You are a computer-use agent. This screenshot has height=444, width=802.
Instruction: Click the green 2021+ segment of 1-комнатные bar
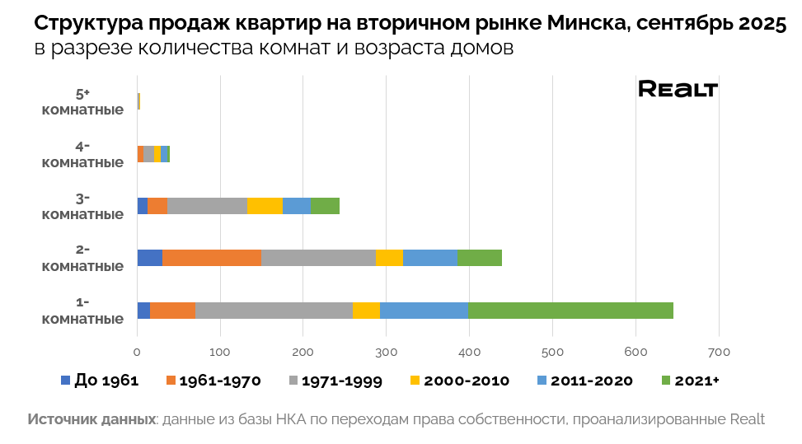[x=570, y=310]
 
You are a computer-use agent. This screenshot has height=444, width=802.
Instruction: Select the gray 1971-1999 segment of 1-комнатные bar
[x=274, y=310]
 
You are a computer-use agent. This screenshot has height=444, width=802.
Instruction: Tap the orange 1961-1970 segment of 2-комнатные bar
[x=212, y=257]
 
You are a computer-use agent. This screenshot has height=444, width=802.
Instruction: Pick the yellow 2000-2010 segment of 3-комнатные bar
[x=265, y=206]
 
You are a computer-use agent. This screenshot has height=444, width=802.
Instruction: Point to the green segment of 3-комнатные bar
[x=326, y=206]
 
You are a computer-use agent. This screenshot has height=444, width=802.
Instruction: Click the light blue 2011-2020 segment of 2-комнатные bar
[x=430, y=257]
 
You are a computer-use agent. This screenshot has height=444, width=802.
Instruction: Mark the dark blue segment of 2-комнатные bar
[x=150, y=257]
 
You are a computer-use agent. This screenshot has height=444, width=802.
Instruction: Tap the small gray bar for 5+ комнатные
[x=138, y=101]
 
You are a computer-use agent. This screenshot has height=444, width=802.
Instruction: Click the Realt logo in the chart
[x=678, y=89]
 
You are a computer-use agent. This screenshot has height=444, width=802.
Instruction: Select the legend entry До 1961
[x=99, y=381]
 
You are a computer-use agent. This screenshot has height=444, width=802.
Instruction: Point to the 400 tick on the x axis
[x=469, y=353]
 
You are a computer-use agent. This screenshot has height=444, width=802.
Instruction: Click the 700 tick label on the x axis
[x=719, y=353]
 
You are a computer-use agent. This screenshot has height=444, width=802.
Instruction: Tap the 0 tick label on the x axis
[x=138, y=353]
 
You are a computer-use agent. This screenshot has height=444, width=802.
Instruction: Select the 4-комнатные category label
[x=82, y=154]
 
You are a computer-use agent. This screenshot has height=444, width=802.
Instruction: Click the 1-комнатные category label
[x=82, y=310]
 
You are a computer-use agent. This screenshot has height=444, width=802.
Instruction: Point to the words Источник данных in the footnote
[x=91, y=419]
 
